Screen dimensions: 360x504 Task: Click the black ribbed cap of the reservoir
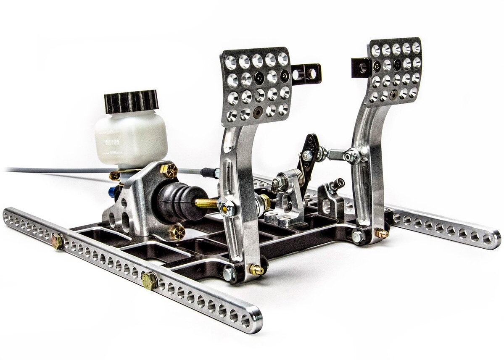click(x=131, y=101)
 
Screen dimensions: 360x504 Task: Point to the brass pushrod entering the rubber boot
click(x=206, y=203)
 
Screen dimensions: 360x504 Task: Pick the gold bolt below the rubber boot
click(x=176, y=231)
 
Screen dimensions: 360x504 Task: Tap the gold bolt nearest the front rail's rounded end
click(x=149, y=280)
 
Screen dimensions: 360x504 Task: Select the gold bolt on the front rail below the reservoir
click(x=57, y=241)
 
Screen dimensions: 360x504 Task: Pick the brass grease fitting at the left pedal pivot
click(x=256, y=270)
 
